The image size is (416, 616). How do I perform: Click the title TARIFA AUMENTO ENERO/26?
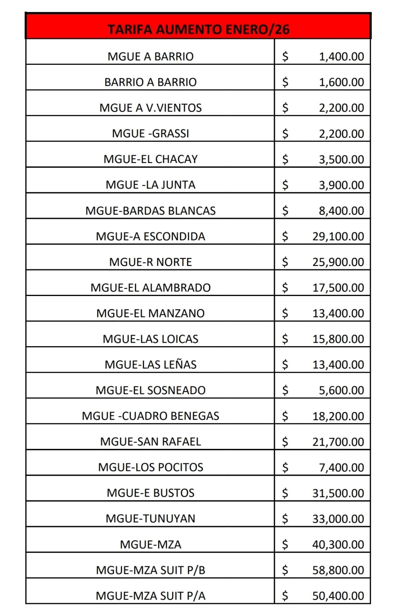tap(198, 29)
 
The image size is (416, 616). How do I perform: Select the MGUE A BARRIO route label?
tap(150, 57)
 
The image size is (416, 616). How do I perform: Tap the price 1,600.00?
tap(341, 82)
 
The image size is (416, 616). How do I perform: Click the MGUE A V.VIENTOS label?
tap(150, 108)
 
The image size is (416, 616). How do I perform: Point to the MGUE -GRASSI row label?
tap(150, 133)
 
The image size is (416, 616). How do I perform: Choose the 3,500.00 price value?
tap(341, 159)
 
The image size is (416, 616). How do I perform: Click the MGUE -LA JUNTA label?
tap(150, 185)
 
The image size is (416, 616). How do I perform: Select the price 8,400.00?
tap(341, 210)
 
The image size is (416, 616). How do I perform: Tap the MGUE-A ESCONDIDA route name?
tap(150, 236)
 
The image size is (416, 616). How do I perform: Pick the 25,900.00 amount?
tap(338, 262)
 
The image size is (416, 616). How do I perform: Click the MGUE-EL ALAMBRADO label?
tap(150, 288)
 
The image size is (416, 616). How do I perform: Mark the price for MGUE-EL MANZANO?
tap(338, 313)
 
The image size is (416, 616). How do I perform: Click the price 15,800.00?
tap(338, 339)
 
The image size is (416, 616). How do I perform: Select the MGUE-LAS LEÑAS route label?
tap(150, 365)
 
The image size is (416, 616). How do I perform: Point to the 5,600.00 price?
tap(341, 390)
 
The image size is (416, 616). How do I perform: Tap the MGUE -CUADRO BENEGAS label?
tap(150, 416)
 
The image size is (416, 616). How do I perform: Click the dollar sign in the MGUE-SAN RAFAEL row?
tap(285, 442)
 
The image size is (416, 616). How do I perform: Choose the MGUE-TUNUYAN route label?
tap(150, 518)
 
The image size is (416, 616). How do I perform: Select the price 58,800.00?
tap(338, 570)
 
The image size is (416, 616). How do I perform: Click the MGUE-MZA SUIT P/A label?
tap(150, 596)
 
